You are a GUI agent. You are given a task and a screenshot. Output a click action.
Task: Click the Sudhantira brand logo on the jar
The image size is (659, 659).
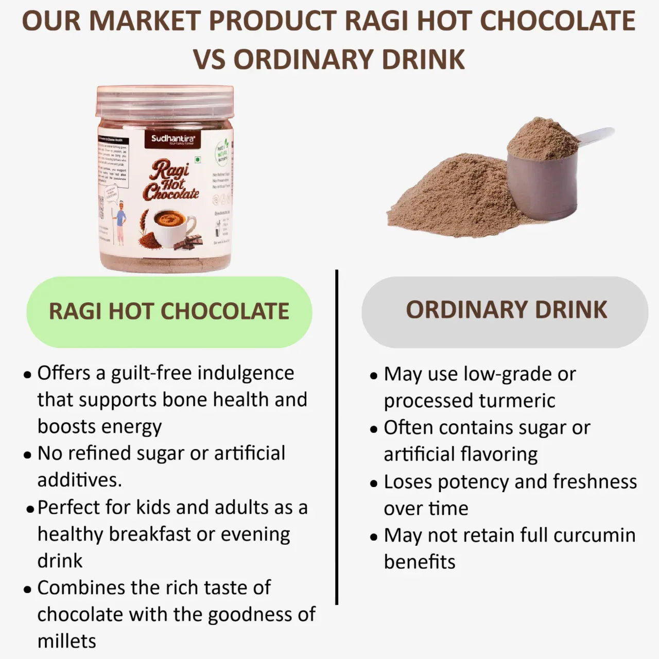[172, 140]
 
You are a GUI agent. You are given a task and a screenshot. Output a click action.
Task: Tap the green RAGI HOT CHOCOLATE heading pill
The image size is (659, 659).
[169, 311]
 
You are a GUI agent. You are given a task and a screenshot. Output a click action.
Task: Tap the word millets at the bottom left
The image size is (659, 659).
[67, 641]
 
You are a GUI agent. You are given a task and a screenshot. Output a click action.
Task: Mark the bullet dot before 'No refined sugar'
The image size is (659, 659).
[28, 455]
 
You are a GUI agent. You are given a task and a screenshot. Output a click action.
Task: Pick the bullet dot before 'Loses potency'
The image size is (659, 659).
[374, 484]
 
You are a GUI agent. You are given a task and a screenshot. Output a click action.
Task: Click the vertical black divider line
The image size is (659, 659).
[337, 438]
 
